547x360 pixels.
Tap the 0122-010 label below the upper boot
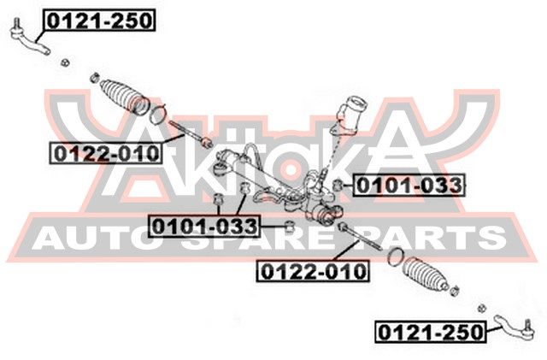coord(105,154)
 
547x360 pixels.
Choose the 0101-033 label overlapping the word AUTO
coord(204,226)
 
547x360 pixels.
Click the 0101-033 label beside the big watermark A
coord(408,184)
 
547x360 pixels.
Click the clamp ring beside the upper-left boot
coord(160,114)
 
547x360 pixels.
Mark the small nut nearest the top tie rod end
coord(65,62)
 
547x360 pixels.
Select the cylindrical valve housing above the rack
coord(352,115)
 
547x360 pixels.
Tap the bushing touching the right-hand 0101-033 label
coord(339,186)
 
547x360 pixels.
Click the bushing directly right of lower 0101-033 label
coord(289,226)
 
